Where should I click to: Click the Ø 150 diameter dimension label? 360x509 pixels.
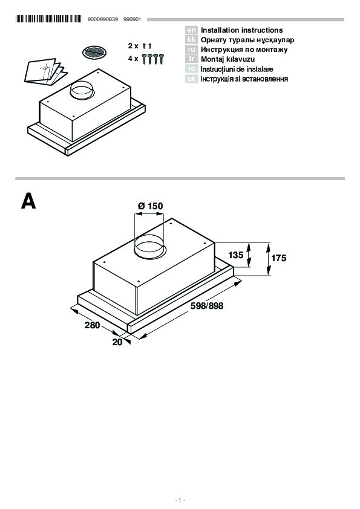point(151,206)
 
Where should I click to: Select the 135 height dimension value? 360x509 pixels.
point(235,255)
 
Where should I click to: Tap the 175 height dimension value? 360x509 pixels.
point(279,258)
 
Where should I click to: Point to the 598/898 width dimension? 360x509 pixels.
point(207,306)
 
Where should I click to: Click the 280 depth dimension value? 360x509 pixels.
point(93,325)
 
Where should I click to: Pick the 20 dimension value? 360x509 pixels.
point(117,342)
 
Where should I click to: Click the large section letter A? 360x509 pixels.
point(28,201)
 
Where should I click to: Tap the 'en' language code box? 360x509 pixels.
point(191,30)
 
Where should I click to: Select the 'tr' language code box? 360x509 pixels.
point(191,59)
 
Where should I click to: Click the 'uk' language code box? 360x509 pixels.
point(191,79)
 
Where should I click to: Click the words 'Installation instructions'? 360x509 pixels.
point(242,30)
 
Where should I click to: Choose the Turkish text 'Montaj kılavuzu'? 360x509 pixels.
point(227,59)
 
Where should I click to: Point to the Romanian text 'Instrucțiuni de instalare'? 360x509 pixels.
point(237,69)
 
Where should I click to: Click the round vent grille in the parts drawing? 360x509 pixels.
point(94,53)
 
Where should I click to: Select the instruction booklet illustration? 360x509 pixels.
point(45,72)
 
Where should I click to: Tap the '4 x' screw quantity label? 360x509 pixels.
point(133,59)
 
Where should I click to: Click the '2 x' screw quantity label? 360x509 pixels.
point(133,46)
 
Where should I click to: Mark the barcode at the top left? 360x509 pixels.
point(49,19)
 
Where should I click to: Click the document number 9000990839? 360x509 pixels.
point(103,19)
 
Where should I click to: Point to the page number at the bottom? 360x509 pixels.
point(180,500)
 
